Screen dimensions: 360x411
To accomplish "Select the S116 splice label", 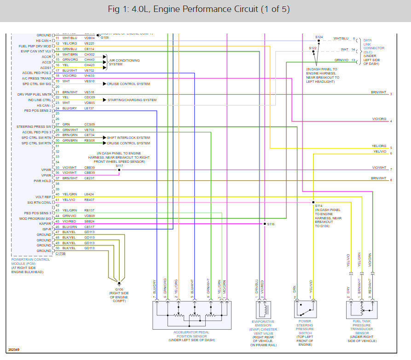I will [270, 224].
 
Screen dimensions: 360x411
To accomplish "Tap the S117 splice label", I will [119, 166].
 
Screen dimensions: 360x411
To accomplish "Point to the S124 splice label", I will [319, 37].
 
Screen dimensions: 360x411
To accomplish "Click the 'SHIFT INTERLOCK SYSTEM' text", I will [128, 137].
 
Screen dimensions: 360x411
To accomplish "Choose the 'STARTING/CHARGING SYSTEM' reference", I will [132, 100].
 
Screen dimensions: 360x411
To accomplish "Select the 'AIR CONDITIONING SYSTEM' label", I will [122, 62].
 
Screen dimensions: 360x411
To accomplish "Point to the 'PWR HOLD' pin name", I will [43, 181].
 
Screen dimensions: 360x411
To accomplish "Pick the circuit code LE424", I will [89, 194].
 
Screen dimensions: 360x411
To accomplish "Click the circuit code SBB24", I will [89, 221].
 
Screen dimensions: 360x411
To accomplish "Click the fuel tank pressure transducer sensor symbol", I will [361, 309].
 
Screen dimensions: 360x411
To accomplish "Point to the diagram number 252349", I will [14, 350].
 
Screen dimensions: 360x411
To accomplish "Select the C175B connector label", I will [60, 253].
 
